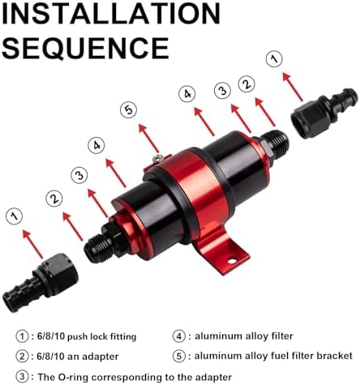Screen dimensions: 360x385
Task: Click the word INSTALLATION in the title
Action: click(111, 13)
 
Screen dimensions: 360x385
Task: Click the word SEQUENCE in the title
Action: click(85, 48)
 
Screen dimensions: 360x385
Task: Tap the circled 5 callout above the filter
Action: click(129, 109)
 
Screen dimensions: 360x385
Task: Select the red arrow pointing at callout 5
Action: click(148, 138)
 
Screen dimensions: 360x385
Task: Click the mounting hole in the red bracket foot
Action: click(232, 261)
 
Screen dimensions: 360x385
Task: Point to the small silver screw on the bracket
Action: click(157, 158)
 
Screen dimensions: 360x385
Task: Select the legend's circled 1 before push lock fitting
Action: click(22, 336)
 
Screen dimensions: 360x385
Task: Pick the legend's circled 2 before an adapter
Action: click(22, 357)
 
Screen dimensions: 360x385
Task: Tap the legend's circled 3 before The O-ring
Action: click(22, 376)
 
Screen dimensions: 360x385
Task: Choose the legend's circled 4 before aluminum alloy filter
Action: click(179, 336)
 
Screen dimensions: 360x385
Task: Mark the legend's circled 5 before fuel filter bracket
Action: click(179, 356)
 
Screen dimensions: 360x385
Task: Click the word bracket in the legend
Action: click(335, 356)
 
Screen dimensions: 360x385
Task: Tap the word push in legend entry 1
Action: click(77, 337)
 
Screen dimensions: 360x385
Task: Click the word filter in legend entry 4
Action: click(281, 336)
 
